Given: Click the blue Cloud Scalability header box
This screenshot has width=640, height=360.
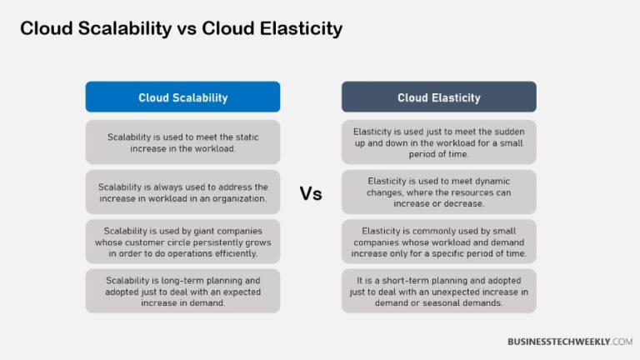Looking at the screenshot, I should coord(182,97).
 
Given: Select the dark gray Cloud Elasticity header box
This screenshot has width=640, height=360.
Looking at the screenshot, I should coord(438,97).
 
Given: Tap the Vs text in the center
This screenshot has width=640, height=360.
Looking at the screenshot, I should coord(311,194).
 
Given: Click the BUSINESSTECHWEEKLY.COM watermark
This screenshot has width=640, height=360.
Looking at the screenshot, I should coord(570,342).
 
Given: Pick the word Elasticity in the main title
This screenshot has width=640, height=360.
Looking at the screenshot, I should coord(300,28).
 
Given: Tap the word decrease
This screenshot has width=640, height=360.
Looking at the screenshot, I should coord(462,203).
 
